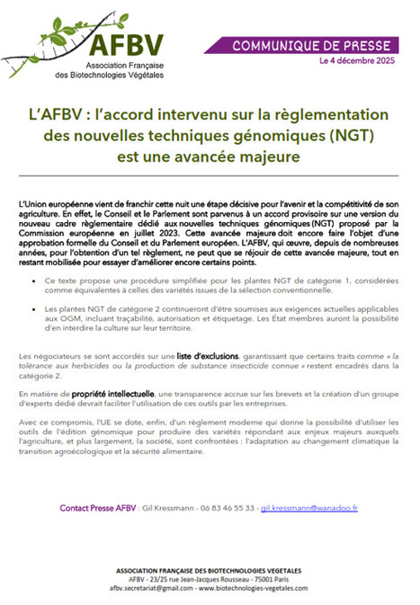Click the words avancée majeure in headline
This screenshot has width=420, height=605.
[x=243, y=157]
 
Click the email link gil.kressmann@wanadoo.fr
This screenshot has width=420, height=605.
[x=311, y=508]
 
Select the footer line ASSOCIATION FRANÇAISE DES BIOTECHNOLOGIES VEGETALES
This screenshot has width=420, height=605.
[x=209, y=570]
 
